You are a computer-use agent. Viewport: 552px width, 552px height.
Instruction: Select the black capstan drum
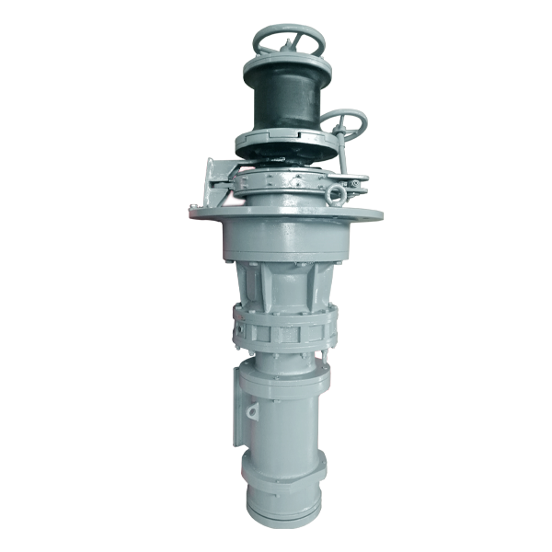pos(285,101)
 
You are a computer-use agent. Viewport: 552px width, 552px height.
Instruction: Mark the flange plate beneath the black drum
pos(285,141)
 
